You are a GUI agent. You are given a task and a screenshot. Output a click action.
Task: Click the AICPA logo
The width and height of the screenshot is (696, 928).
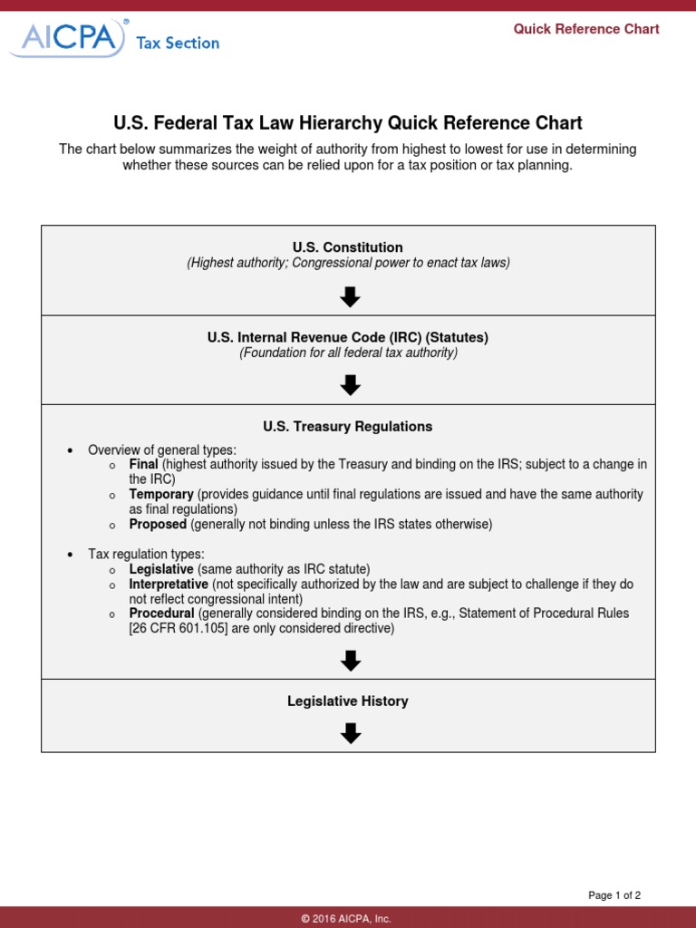(67, 39)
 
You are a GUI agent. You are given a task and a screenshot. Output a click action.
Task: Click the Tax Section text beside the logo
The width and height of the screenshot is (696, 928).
(178, 43)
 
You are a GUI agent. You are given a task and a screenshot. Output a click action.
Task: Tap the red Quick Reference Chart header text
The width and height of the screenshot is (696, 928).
(586, 29)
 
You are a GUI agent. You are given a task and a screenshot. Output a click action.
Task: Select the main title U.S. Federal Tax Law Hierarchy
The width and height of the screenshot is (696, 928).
(348, 123)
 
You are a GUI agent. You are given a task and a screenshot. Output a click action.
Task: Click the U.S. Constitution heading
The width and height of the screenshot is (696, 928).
(348, 247)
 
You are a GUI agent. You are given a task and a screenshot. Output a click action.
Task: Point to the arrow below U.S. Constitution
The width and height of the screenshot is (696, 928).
(351, 296)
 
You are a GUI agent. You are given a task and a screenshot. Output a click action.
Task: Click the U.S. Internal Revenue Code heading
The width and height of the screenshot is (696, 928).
(348, 337)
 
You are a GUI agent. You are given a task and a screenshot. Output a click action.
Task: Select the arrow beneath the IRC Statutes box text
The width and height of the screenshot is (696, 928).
(351, 385)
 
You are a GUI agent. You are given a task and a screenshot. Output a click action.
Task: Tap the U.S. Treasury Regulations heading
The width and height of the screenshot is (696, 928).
(348, 426)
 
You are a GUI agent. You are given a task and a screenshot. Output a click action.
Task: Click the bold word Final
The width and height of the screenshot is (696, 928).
(144, 464)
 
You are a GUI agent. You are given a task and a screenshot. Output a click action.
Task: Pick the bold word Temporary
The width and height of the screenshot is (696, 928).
(161, 494)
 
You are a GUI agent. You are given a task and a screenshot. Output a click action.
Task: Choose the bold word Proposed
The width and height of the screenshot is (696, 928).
(158, 524)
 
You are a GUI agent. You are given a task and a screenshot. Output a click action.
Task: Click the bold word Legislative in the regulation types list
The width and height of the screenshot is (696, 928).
(161, 569)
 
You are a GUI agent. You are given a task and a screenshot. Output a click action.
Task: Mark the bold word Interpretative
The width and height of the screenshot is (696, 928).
(169, 585)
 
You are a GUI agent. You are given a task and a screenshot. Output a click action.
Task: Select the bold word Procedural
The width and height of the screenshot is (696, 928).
(162, 614)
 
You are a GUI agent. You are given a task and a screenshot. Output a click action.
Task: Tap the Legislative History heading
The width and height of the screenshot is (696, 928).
(348, 701)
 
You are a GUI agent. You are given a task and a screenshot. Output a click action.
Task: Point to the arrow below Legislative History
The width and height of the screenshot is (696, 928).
(351, 733)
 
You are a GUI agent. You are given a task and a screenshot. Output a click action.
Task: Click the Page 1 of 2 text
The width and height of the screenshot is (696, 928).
(614, 895)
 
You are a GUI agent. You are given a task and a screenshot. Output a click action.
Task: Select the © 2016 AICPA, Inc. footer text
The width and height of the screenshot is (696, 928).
(348, 918)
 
